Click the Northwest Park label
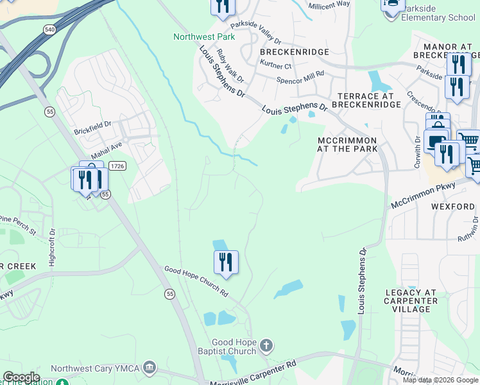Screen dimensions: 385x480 click(204, 37)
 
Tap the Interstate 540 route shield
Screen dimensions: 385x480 click(49, 30)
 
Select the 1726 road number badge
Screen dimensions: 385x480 click(117, 166)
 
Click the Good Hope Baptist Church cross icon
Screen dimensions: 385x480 click(266, 347)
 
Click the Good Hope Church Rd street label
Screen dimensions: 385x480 click(196, 282)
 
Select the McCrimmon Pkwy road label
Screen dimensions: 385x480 click(424, 195)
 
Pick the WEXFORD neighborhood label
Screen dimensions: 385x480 click(452, 207)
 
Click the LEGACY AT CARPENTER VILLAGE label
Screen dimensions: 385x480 click(411, 300)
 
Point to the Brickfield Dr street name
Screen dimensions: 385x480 click(93, 124)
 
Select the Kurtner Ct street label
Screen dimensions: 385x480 click(276, 65)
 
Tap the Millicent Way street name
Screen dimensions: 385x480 click(329, 4)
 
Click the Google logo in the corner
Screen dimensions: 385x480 click(21, 377)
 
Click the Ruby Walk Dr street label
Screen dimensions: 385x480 click(230, 66)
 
